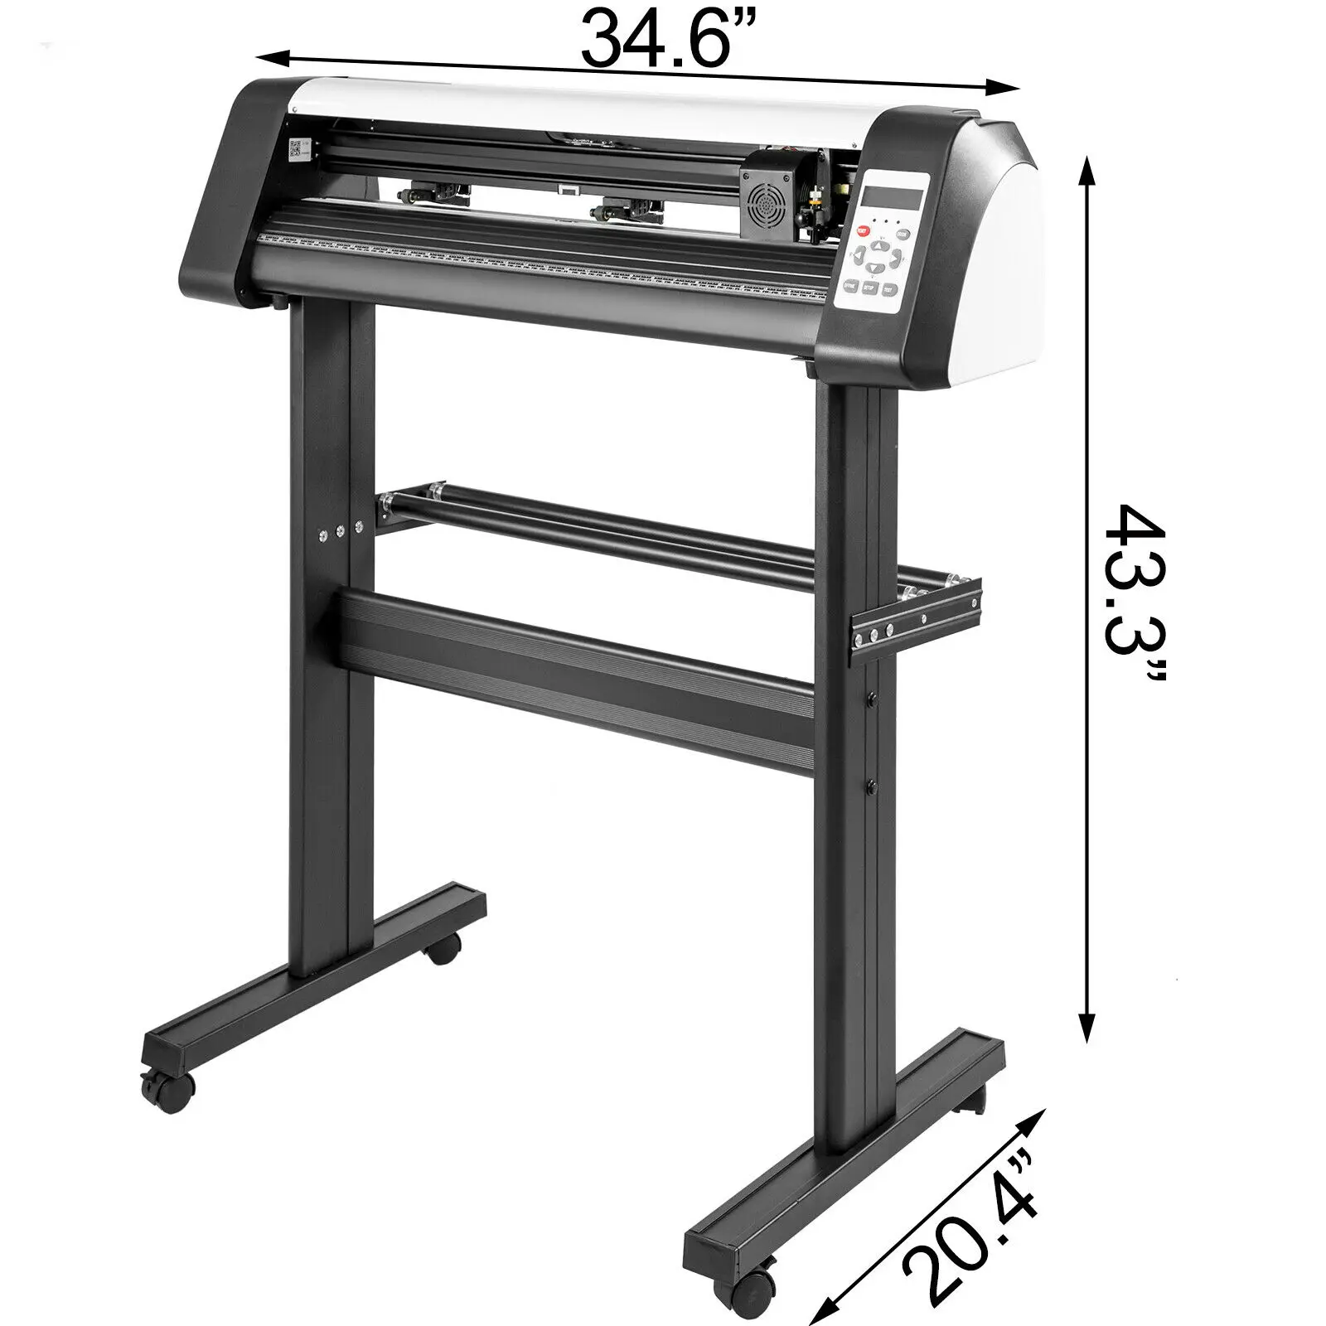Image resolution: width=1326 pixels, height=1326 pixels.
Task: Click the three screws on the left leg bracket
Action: pyautogui.click(x=340, y=530)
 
